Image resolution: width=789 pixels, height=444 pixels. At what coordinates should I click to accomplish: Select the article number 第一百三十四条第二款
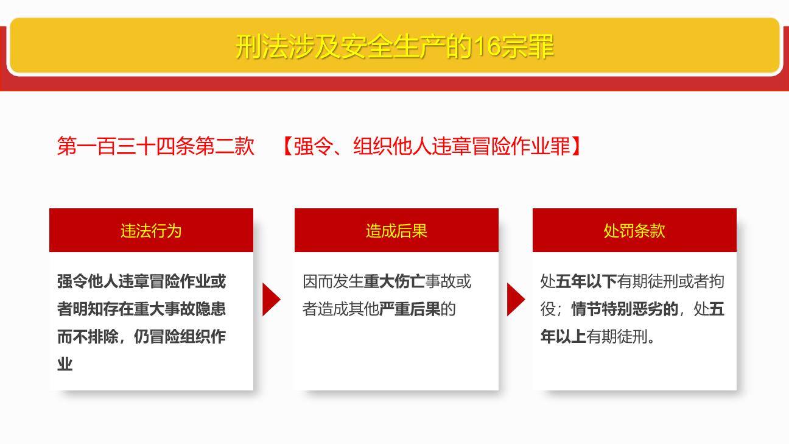(155, 147)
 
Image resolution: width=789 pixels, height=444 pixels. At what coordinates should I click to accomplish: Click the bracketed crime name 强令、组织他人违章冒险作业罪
(432, 147)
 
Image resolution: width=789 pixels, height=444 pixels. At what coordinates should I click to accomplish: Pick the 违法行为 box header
(151, 230)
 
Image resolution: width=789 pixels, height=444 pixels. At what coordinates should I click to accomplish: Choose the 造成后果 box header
(396, 230)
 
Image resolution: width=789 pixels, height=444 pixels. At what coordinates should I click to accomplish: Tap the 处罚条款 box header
(634, 230)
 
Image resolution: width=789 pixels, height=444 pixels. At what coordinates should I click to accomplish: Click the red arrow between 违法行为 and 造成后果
(271, 299)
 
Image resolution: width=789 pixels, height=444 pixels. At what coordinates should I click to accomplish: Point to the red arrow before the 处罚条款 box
(516, 299)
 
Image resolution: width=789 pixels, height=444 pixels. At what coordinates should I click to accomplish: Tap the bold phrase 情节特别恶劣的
(625, 309)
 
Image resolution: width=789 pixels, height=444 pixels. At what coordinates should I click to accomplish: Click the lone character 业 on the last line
(65, 364)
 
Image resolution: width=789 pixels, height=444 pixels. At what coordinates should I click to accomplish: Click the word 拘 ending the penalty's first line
(717, 281)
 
